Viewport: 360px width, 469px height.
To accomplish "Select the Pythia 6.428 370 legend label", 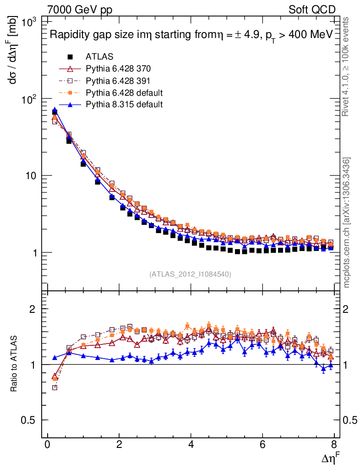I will tap(118, 69).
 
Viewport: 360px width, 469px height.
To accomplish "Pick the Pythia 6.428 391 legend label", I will tap(118, 81).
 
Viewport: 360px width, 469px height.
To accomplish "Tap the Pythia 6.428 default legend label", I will tap(124, 93).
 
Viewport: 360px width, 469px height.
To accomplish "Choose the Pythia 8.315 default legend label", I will tap(124, 104).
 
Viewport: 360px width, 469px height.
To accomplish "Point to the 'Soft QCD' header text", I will tap(312, 10).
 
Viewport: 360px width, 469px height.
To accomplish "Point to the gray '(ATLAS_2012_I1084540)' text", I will tap(190, 274).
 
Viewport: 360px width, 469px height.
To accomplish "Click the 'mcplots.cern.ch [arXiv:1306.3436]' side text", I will tap(347, 223).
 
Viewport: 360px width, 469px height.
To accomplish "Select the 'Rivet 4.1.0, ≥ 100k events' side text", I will tap(347, 66).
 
